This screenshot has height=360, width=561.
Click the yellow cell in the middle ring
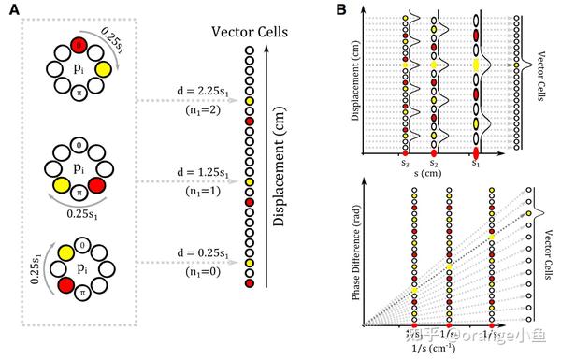63,187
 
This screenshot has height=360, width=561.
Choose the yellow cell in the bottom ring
65,252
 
